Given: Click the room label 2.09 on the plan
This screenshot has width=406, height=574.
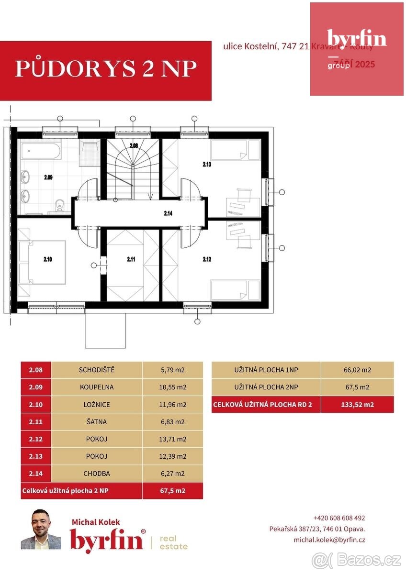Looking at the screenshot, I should pyautogui.click(x=48, y=177).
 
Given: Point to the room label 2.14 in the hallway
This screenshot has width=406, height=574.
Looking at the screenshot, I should pyautogui.click(x=168, y=213).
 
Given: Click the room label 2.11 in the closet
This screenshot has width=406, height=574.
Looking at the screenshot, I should pyautogui.click(x=131, y=259).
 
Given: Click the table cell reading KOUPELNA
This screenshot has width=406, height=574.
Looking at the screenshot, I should pyautogui.click(x=96, y=387).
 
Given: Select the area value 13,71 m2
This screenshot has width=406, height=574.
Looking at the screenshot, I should pyautogui.click(x=172, y=439).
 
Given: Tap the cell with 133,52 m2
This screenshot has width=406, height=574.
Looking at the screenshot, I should pyautogui.click(x=357, y=404).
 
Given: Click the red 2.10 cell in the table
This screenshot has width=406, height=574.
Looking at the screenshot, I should pyautogui.click(x=36, y=404).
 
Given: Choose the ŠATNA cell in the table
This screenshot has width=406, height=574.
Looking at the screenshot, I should pyautogui.click(x=96, y=422).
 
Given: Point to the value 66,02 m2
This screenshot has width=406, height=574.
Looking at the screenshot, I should pyautogui.click(x=357, y=370).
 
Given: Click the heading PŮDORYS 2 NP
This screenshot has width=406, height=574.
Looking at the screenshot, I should pyautogui.click(x=106, y=69).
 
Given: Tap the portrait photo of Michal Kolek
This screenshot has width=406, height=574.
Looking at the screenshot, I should pyautogui.click(x=41, y=529).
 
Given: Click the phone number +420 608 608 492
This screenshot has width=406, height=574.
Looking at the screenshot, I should pyautogui.click(x=339, y=518).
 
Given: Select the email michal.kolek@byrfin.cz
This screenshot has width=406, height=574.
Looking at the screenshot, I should pyautogui.click(x=329, y=540).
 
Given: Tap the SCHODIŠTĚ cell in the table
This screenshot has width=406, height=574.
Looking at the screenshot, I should pyautogui.click(x=96, y=370).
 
